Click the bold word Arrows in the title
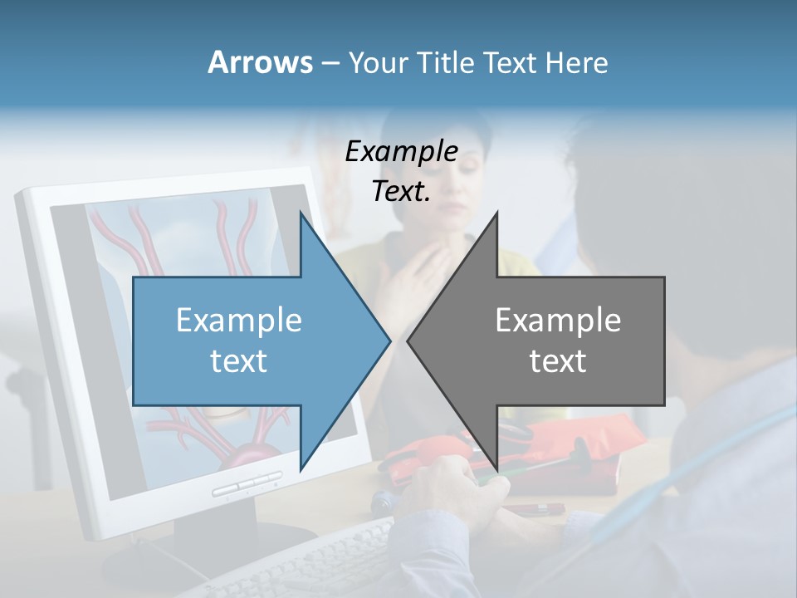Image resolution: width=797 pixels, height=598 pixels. (260, 62)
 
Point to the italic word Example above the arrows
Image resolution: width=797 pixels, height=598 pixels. (401, 152)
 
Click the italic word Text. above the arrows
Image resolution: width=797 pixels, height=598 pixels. (401, 192)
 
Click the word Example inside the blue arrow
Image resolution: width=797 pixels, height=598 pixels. (239, 321)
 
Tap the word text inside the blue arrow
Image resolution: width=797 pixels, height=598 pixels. (239, 361)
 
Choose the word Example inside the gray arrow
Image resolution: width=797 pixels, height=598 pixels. (558, 321)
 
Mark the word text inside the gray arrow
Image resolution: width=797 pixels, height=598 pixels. (558, 361)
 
